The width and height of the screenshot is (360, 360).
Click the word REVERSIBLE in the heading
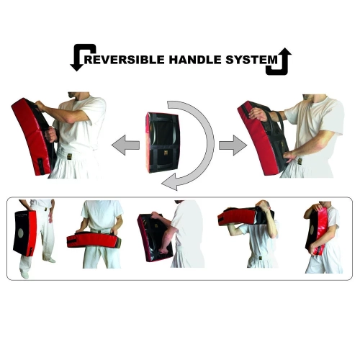click(x=125, y=60)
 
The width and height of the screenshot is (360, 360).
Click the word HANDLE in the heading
click(x=195, y=60)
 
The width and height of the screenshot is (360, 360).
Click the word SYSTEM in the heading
click(x=251, y=60)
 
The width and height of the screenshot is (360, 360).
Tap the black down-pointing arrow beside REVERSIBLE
click(x=82, y=57)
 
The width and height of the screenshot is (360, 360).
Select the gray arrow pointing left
click(x=125, y=145)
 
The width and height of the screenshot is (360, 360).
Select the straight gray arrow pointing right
click(x=233, y=145)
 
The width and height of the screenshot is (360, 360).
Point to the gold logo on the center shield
click(x=166, y=152)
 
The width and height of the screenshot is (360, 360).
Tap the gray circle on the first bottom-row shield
click(x=21, y=233)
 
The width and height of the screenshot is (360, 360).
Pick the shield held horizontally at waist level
click(x=94, y=239)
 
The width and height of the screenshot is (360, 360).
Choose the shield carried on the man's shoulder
click(x=245, y=216)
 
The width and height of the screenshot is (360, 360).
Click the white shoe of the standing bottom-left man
click(x=50, y=260)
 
